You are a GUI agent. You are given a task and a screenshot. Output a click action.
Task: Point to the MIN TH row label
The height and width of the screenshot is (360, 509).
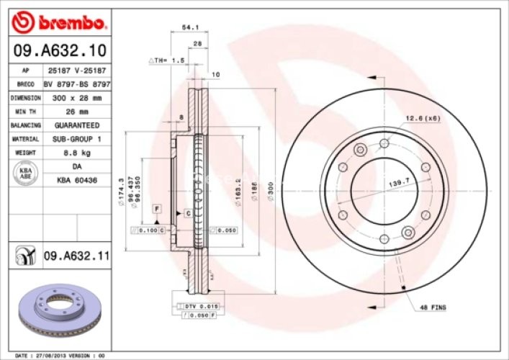coord(24,112)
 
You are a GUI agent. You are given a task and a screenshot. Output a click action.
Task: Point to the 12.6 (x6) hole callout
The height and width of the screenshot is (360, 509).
coord(423,118)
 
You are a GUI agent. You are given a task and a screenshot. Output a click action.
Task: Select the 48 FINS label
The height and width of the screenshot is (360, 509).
coord(433,307)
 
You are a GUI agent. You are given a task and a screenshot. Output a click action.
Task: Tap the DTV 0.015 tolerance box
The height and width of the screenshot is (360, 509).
coord(195,307)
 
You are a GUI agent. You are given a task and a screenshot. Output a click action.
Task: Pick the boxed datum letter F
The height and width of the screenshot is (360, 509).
coord(155,208)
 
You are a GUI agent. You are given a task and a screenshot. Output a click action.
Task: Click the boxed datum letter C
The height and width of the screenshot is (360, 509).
coord(187,214)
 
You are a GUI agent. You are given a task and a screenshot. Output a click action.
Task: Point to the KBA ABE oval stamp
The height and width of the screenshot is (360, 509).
coord(24,173)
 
